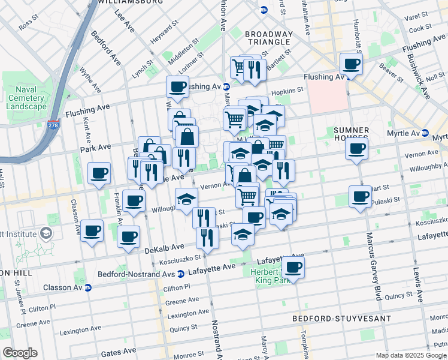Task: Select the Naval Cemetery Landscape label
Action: [x=26, y=98]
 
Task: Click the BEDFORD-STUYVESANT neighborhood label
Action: [x=341, y=318]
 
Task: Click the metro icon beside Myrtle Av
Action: [x=425, y=133]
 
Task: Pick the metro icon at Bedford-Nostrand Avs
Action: [x=180, y=274]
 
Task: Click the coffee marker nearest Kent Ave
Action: [x=99, y=173]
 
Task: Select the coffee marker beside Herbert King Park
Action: [x=293, y=267]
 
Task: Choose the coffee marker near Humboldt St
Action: [x=351, y=63]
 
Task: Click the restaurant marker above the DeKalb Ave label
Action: [x=207, y=237]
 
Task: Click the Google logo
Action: [x=20, y=353]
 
